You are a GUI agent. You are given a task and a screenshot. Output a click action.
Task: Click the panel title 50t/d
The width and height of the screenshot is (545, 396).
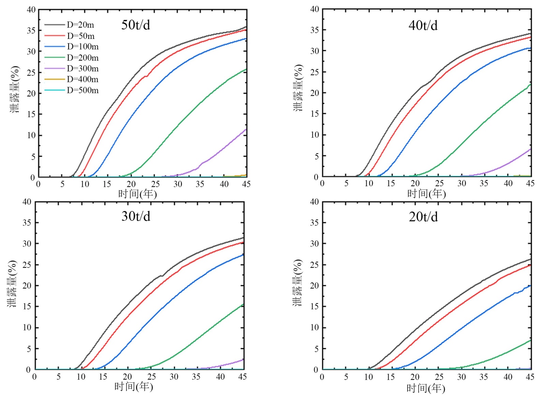[x=136, y=25]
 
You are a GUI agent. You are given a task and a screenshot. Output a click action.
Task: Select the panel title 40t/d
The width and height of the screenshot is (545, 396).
[x=423, y=25]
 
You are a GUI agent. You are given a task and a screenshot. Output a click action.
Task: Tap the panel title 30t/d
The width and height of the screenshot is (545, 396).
[x=136, y=216]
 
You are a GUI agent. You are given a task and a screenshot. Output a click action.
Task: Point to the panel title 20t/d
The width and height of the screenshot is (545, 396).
[x=423, y=217]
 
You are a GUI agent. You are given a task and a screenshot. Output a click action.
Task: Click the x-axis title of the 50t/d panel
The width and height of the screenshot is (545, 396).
[x=137, y=194]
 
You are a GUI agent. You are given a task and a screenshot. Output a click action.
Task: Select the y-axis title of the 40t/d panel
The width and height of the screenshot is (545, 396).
[x=298, y=87]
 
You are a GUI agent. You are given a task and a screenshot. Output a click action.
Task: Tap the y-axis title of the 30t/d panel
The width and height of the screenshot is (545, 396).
[x=12, y=284]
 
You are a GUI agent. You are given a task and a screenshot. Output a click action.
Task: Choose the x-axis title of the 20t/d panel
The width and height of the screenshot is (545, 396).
[x=426, y=388]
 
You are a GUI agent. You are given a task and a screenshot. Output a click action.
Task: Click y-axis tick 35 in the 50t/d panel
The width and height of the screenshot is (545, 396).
[x=31, y=30]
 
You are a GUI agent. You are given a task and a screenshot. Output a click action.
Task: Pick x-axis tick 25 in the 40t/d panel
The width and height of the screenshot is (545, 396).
[x=439, y=183]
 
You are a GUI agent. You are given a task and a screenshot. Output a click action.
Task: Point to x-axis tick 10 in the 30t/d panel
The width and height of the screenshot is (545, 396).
[x=81, y=377]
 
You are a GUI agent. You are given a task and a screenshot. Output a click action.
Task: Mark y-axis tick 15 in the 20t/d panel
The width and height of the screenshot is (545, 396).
[x=314, y=306]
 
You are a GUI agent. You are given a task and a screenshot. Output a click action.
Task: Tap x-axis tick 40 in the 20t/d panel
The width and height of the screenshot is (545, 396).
[x=508, y=377]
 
